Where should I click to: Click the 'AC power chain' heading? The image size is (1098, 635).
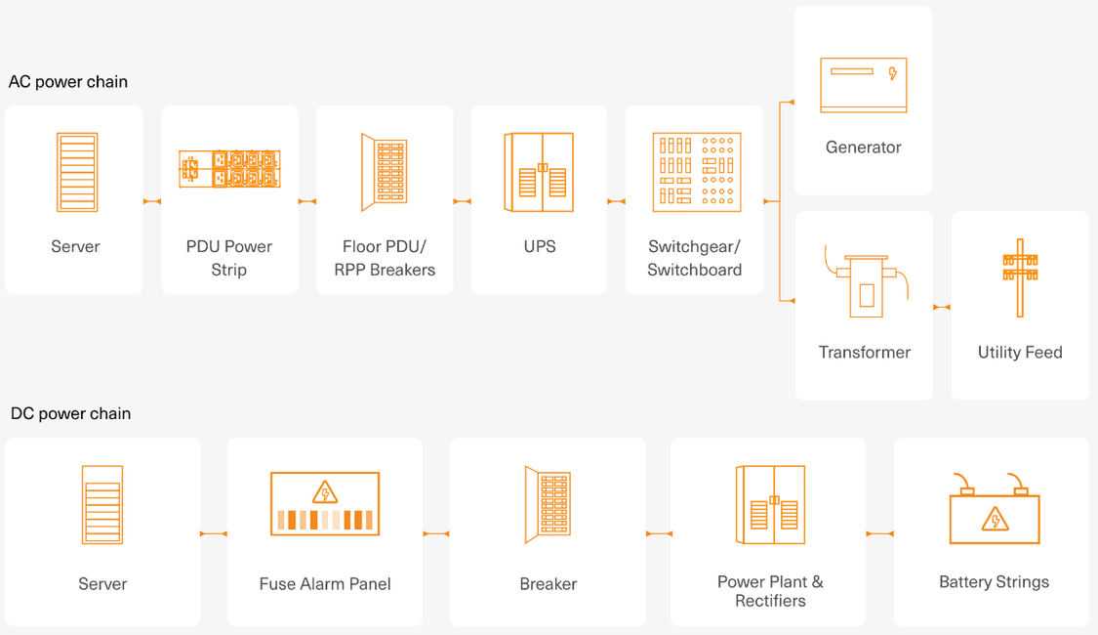pos(68,82)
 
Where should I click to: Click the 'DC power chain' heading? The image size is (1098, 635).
pos(70,413)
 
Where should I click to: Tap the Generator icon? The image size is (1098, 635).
pos(863,85)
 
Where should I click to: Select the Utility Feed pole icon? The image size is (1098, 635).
pos(1019,277)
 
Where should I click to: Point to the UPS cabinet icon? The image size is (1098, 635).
pos(539,173)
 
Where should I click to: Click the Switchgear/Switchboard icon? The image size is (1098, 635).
pos(696,173)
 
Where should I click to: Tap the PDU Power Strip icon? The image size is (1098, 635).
pos(229,169)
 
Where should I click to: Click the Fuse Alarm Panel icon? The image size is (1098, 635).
pos(324,503)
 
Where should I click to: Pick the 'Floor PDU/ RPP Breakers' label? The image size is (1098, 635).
pos(385,258)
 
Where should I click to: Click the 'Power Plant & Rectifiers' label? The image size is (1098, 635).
pos(770,591)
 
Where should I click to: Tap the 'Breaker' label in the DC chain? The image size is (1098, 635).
pos(548,584)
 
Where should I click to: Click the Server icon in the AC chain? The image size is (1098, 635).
pos(76,173)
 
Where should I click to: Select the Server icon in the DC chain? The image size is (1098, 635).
pos(102,505)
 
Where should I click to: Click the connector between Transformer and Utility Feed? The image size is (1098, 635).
pos(942,308)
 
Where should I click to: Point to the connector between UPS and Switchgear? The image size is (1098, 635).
pos(616,202)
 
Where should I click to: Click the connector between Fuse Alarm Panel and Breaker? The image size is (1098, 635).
pos(436,534)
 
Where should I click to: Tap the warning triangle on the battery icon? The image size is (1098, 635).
pos(995,519)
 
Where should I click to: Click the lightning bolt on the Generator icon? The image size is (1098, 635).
pos(892,73)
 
